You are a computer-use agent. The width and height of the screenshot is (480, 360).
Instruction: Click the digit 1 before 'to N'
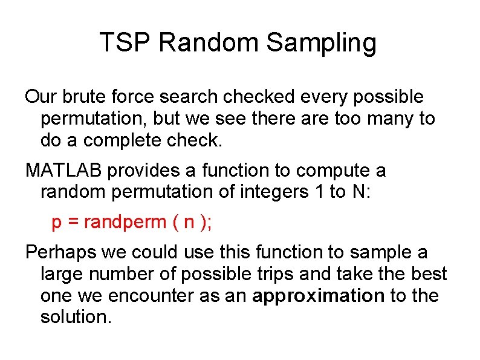coord(314,192)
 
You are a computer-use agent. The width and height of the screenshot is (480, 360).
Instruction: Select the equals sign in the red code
coord(73,223)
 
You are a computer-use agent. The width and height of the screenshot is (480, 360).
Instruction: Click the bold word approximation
coord(319,296)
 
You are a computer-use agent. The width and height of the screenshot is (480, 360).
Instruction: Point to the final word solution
coord(76,317)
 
